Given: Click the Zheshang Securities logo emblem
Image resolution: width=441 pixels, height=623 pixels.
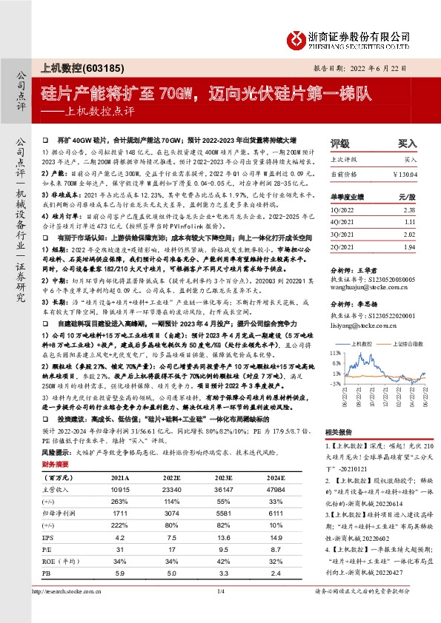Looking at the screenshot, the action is click(x=296, y=36).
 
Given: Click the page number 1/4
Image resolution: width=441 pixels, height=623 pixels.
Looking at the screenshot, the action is click(x=220, y=611).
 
